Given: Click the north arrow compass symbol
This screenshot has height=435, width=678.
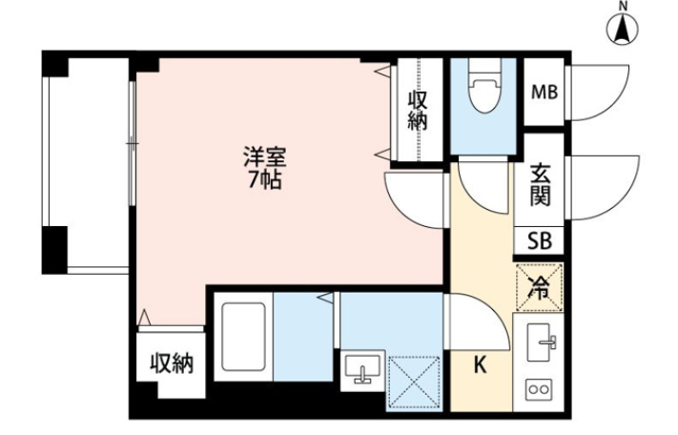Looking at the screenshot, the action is pyautogui.click(x=623, y=29).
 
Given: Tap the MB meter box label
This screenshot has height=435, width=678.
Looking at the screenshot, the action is pyautogui.click(x=544, y=93).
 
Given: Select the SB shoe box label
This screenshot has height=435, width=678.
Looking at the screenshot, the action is pyautogui.click(x=540, y=240).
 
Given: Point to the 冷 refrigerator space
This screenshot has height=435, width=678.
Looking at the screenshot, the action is pyautogui.click(x=540, y=287).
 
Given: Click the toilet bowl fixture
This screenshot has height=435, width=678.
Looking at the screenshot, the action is pyautogui.click(x=484, y=87).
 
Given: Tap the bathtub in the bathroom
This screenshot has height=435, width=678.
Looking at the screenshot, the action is pyautogui.click(x=243, y=337).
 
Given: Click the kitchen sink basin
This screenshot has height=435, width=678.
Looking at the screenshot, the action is pyautogui.click(x=539, y=342).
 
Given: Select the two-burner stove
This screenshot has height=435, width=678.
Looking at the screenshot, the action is pyautogui.click(x=539, y=389).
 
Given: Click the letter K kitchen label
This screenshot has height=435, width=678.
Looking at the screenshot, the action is pyautogui.click(x=480, y=365).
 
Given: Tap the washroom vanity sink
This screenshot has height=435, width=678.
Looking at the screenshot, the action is pyautogui.click(x=362, y=370).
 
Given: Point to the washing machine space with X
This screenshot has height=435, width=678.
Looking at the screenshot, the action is pyautogui.click(x=414, y=383).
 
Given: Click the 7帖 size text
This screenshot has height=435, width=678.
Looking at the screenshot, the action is pyautogui.click(x=264, y=180).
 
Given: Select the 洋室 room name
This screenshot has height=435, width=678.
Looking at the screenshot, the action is pyautogui.click(x=265, y=157).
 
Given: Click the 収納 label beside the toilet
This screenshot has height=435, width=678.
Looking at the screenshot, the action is pyautogui.click(x=418, y=111).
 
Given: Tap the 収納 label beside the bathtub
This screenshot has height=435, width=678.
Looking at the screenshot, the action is pyautogui.click(x=172, y=363).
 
